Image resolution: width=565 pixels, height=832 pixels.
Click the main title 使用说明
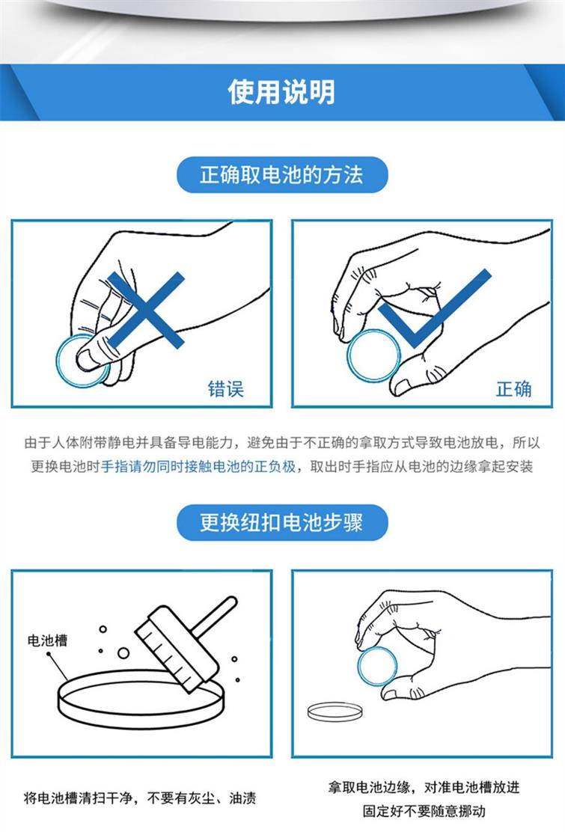(281, 92)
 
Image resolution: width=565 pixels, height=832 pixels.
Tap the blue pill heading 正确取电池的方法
(282, 174)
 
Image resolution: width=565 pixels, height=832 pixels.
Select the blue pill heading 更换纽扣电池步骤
(282, 523)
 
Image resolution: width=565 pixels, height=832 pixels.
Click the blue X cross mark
(146, 310)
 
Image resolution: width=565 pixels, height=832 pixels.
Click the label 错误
(225, 389)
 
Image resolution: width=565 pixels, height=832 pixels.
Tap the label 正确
(513, 389)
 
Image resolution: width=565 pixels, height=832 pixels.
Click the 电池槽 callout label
(48, 640)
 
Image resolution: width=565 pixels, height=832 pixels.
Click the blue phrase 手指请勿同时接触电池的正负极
(198, 466)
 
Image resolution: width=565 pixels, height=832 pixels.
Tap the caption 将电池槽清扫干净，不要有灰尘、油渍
(140, 798)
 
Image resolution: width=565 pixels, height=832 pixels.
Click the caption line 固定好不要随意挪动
(424, 811)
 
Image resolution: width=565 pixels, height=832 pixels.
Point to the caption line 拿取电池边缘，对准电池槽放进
(424, 787)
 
